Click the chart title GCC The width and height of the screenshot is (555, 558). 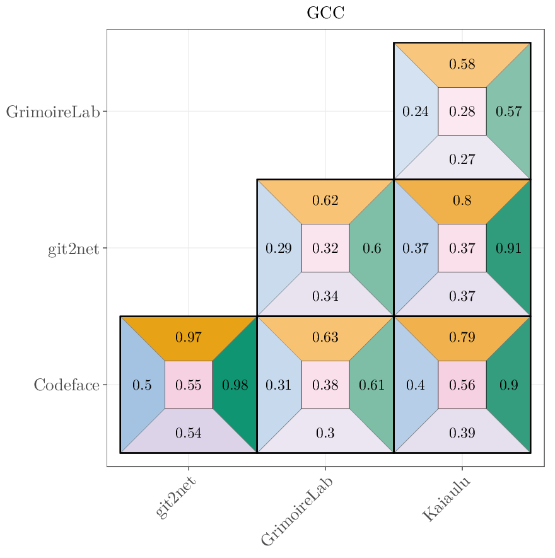coord(325,13)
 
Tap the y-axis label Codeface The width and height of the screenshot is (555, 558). coord(66,385)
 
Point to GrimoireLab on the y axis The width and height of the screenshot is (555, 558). coord(53,112)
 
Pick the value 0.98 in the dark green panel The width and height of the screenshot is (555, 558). coord(235,385)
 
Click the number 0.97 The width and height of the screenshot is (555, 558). coord(189,337)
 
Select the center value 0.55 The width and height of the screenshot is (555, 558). coord(189,385)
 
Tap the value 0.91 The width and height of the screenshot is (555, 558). coord(508,248)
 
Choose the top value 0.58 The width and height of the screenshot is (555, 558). coord(462,64)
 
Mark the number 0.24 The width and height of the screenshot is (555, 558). coord(416,112)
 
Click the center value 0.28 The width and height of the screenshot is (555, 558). coord(462,112)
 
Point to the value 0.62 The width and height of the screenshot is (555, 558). coord(325,201)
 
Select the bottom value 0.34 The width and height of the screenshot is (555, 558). coord(325,296)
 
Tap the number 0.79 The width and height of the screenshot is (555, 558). coord(462,337)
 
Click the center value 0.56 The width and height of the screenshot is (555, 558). coord(462,385)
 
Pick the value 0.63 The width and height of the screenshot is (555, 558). coord(325,337)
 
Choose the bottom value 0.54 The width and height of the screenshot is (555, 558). coord(189,433)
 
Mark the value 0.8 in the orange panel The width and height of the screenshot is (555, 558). coord(462,201)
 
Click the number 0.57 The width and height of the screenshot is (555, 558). coord(508,112)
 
